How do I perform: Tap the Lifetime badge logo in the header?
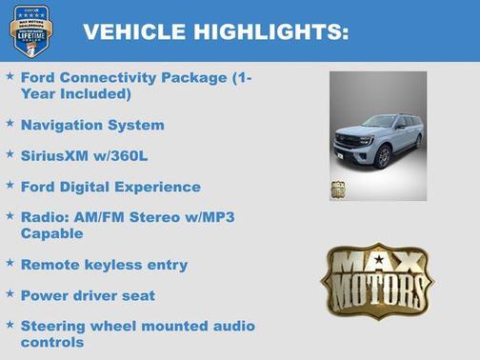[30, 31]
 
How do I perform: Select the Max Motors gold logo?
[376, 279]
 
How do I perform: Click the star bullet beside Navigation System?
[10, 124]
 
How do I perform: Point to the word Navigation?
[61, 125]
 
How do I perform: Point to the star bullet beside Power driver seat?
[10, 294]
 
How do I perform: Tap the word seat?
[135, 295]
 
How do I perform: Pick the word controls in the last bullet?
[52, 342]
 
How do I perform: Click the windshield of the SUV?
[377, 123]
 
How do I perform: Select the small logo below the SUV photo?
[338, 189]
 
